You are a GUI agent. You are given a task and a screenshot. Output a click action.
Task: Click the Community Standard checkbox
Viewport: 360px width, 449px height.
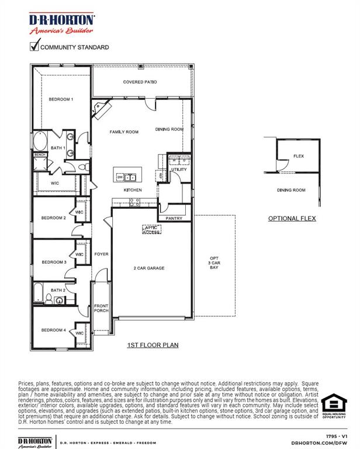tap(34, 46)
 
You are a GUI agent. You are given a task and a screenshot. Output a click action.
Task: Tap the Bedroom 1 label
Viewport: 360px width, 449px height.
tap(61, 99)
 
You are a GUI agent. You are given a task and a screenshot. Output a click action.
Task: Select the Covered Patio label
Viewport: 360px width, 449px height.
tap(140, 82)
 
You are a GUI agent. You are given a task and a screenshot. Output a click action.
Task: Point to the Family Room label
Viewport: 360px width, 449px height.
tap(124, 132)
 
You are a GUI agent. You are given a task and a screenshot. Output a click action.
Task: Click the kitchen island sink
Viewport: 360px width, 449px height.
tap(130, 177)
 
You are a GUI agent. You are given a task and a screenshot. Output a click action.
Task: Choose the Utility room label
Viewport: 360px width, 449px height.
tap(179, 170)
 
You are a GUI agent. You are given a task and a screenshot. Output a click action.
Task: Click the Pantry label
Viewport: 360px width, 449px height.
tap(174, 218)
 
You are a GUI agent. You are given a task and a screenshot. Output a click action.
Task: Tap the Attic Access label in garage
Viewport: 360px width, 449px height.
tap(152, 230)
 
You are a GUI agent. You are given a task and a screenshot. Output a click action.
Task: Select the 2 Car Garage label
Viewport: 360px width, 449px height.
tap(149, 268)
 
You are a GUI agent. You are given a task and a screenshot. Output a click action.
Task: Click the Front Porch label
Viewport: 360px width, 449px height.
tap(101, 308)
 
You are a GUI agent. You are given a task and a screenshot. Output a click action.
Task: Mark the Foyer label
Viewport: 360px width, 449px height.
tap(102, 254)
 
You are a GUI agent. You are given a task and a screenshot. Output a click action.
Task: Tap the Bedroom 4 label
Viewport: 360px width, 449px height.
tap(53, 330)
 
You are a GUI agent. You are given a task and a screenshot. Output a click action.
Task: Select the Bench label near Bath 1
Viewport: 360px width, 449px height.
tap(40, 154)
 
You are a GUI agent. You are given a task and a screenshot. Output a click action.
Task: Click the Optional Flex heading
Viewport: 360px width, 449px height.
tap(292, 219)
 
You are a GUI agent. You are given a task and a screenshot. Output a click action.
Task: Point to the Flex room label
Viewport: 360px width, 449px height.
tap(298, 156)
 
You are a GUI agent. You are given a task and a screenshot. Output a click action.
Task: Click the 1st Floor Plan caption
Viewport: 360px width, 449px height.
tap(153, 346)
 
